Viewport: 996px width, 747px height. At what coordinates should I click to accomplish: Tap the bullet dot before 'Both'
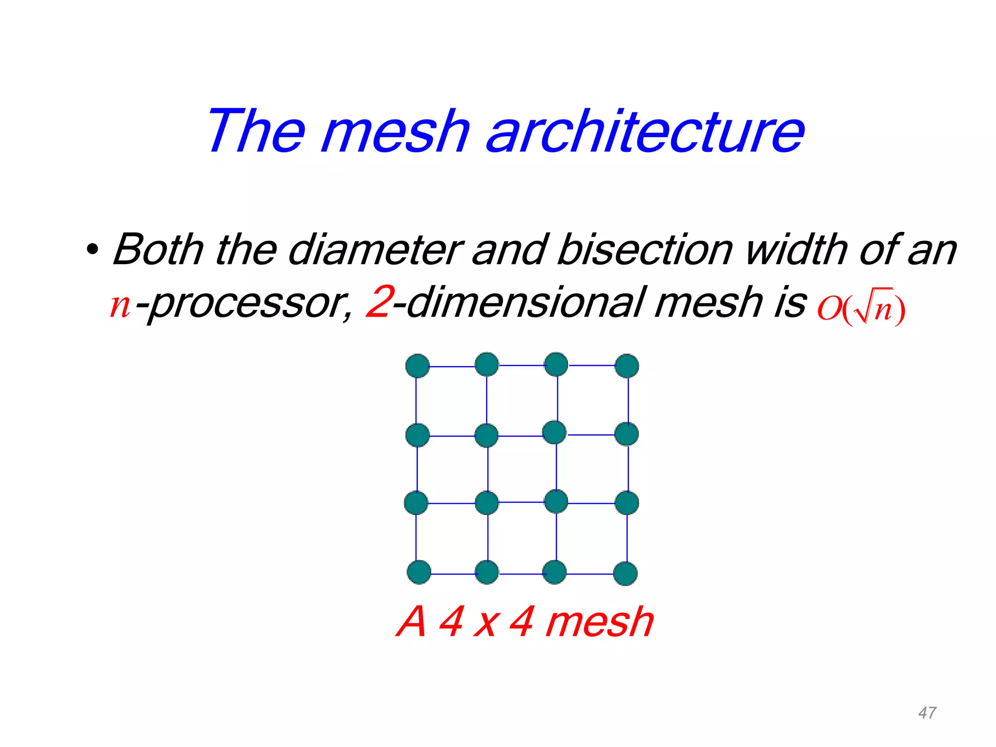coord(92,251)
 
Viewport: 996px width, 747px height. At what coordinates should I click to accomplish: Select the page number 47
coord(927,713)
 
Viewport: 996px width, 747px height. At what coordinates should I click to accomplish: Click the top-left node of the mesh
coord(417,366)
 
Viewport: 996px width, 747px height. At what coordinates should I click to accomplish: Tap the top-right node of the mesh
coord(626,366)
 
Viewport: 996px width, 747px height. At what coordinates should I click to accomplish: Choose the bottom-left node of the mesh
coord(419,572)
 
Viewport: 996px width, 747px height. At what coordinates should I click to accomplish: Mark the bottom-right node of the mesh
coord(625,573)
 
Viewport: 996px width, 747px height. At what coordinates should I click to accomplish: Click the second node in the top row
coord(487,365)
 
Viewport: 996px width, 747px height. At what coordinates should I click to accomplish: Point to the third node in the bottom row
coord(554,572)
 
